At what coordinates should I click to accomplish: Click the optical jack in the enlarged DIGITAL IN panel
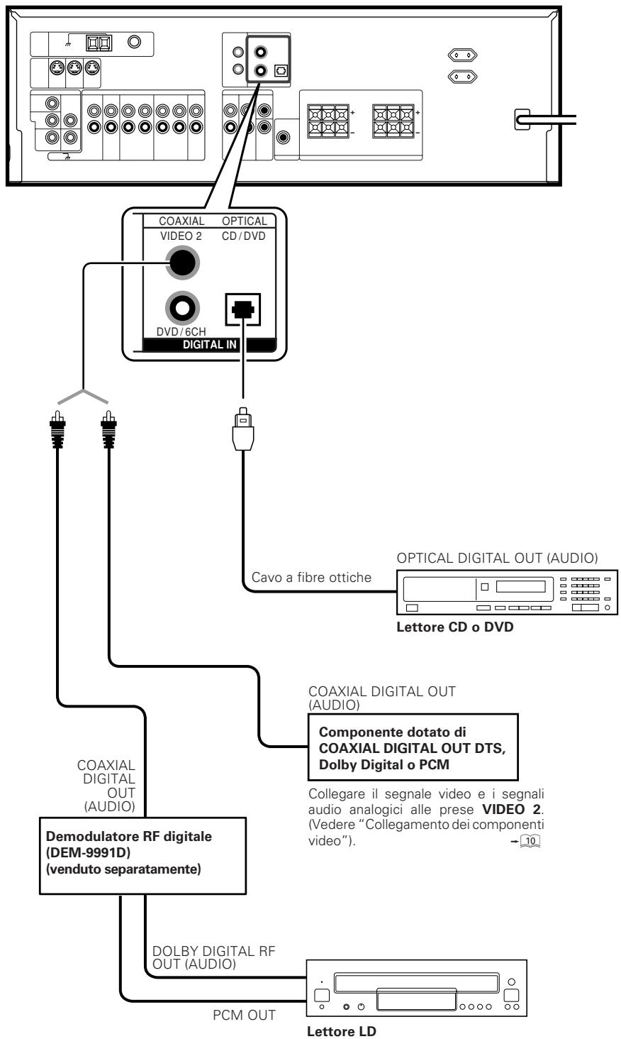(242, 309)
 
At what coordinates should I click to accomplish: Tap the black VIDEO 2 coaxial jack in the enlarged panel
(183, 263)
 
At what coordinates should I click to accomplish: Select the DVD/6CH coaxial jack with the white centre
(183, 307)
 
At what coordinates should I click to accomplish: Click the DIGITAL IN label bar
(209, 345)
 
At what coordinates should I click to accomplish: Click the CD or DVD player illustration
(507, 593)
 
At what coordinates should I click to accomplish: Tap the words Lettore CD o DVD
(454, 627)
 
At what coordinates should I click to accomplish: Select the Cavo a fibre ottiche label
(311, 578)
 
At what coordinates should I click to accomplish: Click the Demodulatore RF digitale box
(142, 856)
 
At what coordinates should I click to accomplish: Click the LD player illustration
(417, 988)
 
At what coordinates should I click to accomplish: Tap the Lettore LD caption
(342, 1031)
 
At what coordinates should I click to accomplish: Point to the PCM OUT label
(245, 1015)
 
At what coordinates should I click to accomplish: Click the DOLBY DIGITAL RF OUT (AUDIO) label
(213, 957)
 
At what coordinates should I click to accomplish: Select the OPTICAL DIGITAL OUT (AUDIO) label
(497, 558)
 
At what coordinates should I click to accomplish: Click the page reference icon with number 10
(530, 841)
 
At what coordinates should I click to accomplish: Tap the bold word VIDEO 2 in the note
(511, 809)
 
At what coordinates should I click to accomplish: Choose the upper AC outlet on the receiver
(462, 55)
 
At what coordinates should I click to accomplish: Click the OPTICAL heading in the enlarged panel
(245, 221)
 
